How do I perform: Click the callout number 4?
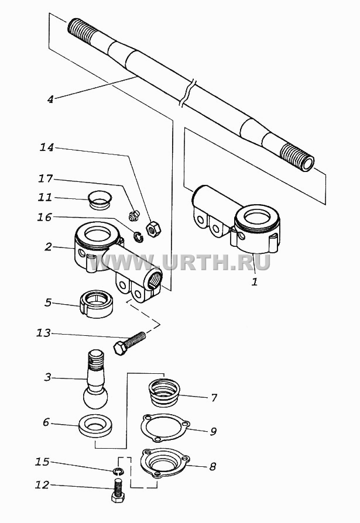tap(50, 99)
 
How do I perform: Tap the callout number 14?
tap(47, 147)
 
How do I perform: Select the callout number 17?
tap(46, 179)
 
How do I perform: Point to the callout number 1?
tap(255, 282)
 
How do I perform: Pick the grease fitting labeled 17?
tap(133, 215)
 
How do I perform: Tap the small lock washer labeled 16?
tap(139, 237)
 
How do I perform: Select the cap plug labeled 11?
tap(100, 200)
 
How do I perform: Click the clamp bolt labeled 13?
tap(130, 343)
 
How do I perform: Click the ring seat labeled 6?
tap(95, 425)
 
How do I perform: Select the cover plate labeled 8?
tap(166, 463)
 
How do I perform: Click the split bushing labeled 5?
tap(97, 304)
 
